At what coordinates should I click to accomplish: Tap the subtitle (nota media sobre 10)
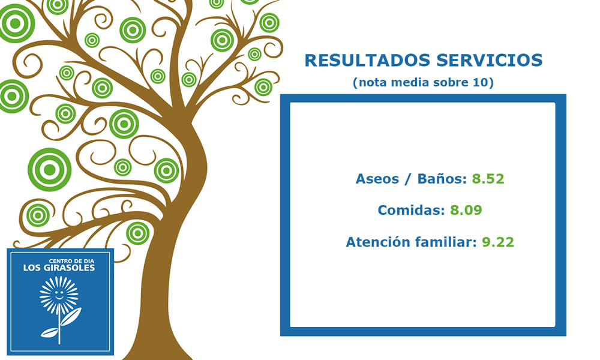(423, 82)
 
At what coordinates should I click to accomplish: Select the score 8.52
(488, 179)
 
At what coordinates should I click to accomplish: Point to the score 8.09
(466, 210)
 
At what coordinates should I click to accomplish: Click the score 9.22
(498, 242)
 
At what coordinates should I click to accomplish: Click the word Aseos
(377, 179)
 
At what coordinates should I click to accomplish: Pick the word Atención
(378, 242)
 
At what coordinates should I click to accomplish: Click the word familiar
(446, 242)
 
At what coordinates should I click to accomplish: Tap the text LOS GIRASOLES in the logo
(59, 268)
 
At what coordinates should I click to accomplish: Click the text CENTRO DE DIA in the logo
(71, 261)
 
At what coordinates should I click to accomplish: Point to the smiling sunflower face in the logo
(59, 295)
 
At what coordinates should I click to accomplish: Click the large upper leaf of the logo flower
(71, 316)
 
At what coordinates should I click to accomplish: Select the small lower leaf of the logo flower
(49, 332)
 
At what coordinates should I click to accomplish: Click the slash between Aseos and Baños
(408, 179)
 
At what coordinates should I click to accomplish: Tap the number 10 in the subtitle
(481, 82)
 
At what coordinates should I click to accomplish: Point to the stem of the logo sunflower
(59, 327)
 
